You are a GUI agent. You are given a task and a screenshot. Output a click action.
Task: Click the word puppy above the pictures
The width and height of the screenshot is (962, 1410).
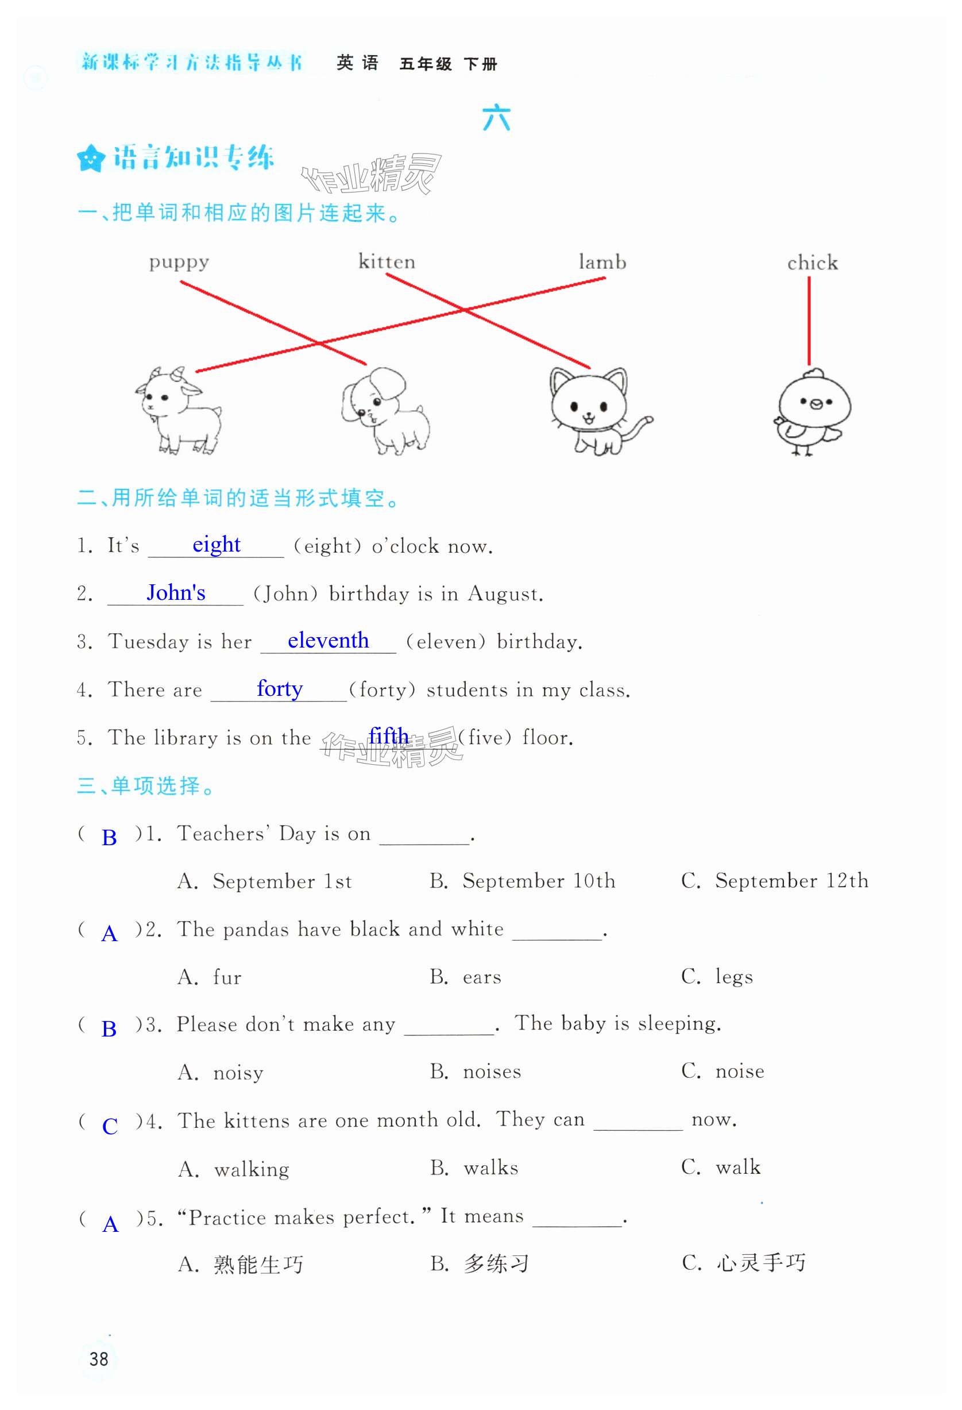point(179,263)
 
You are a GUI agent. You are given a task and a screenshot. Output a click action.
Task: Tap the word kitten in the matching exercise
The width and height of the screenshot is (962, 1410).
point(387,261)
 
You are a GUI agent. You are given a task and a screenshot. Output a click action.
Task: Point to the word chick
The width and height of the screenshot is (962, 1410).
point(812,263)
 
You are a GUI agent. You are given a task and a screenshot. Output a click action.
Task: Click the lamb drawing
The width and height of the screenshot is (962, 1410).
point(177,411)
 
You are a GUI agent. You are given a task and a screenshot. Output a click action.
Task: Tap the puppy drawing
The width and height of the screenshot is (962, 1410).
point(385,411)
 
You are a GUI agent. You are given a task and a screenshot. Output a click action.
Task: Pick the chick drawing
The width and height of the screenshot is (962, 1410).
point(812,411)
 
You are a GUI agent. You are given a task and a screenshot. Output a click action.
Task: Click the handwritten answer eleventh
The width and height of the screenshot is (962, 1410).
point(327,640)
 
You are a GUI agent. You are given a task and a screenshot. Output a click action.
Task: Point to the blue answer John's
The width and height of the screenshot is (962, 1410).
point(176,592)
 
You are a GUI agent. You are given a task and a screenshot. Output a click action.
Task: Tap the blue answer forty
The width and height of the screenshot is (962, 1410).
point(279,688)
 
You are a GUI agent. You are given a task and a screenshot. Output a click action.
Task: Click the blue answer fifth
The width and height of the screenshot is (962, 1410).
point(388,736)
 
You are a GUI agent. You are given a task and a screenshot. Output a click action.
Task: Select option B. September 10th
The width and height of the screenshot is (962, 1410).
point(522,881)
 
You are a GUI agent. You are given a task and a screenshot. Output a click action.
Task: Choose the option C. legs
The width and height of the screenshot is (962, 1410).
point(717,977)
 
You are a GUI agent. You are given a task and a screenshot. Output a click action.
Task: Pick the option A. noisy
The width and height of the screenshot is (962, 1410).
point(221,1073)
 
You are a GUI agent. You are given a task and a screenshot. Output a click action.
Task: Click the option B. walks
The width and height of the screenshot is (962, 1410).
point(474,1168)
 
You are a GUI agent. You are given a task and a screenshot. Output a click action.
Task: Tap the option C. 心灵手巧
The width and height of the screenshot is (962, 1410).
point(744,1263)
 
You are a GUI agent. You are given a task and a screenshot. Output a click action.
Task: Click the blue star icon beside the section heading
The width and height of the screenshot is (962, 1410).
point(91,159)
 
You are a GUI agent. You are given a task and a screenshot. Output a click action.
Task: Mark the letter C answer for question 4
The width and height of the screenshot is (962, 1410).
point(110,1127)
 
